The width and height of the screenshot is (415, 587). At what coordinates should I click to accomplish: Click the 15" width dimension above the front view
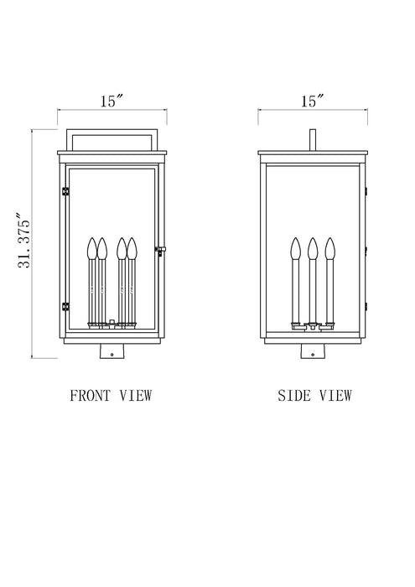click(112, 101)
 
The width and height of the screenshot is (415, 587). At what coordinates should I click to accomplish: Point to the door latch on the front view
click(159, 249)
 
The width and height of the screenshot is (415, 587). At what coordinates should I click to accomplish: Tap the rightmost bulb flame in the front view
click(132, 248)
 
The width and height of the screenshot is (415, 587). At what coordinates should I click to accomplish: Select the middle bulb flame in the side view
click(312, 248)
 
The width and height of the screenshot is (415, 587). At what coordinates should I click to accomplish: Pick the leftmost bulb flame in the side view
click(294, 248)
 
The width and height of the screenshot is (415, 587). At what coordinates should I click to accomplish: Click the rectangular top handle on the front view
click(112, 138)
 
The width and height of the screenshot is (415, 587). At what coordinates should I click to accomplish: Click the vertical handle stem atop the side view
click(312, 139)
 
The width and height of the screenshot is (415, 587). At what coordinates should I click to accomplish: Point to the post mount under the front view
click(112, 353)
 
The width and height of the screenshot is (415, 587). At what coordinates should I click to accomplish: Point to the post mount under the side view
click(312, 353)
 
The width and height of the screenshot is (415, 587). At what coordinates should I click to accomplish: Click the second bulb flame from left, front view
click(102, 248)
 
